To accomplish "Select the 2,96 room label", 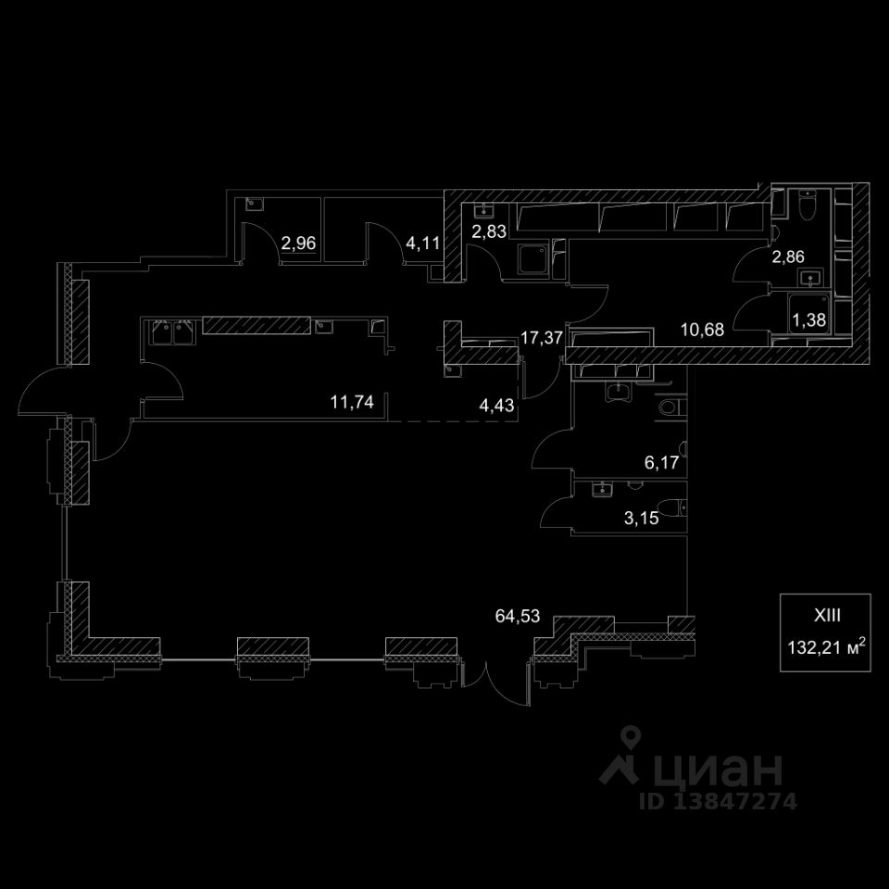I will pos(299,244).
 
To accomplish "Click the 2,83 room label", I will pos(489,232).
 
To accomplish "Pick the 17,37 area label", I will pos(542,338).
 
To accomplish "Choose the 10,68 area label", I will pos(701,326).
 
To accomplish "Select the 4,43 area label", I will pos(496,405).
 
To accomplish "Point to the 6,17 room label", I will pos(662,463).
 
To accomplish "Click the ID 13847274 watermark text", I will pos(718,801).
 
